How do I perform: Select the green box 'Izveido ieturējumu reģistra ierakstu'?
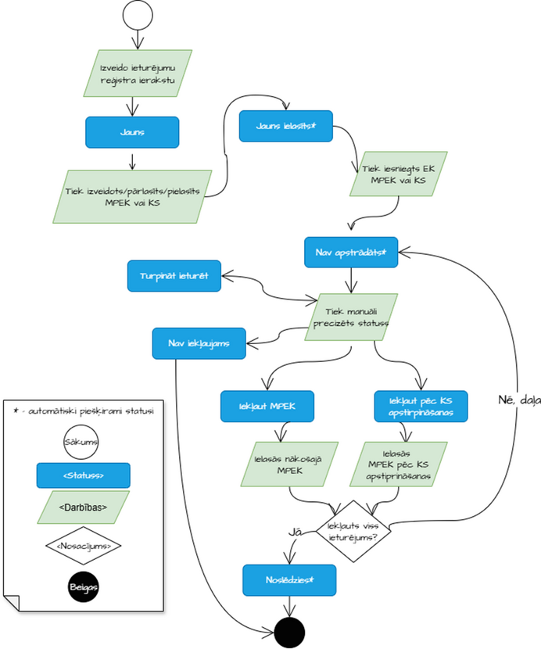pyautogui.click(x=138, y=74)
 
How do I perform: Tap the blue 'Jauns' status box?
pyautogui.click(x=132, y=132)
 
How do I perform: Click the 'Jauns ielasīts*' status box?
pyautogui.click(x=285, y=125)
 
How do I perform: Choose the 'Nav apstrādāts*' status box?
pyautogui.click(x=351, y=253)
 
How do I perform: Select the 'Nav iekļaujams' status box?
pyautogui.click(x=199, y=342)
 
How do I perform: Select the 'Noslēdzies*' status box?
pyautogui.click(x=289, y=579)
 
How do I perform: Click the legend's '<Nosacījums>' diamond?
pyautogui.click(x=84, y=545)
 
